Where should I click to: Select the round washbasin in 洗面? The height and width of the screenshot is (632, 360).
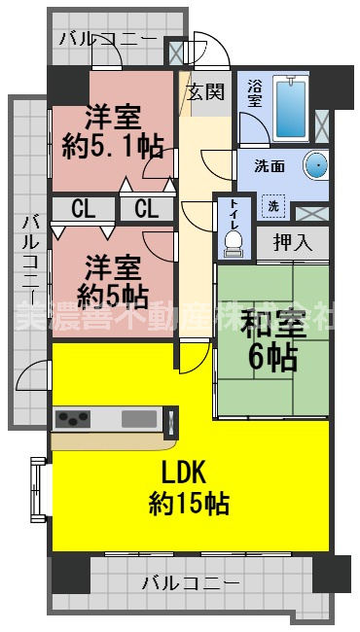click(x=317, y=165)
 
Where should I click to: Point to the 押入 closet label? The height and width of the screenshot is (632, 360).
click(x=292, y=242)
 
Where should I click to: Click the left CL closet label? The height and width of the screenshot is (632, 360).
click(x=83, y=207)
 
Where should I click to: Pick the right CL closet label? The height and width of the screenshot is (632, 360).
click(x=147, y=207)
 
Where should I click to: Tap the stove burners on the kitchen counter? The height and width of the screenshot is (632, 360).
click(x=73, y=419)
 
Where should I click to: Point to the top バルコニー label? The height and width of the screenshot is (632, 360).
click(x=107, y=39)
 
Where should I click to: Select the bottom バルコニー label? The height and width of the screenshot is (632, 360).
click(x=191, y=583)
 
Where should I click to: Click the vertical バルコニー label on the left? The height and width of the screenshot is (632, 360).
click(x=29, y=258)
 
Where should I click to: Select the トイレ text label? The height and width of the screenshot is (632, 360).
click(x=234, y=211)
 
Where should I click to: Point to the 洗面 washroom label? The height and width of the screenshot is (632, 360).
click(x=270, y=166)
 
